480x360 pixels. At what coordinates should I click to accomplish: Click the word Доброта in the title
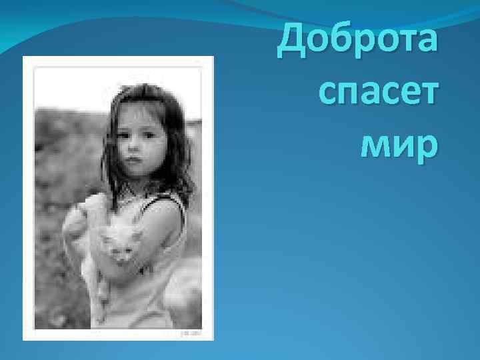tap(359, 39)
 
